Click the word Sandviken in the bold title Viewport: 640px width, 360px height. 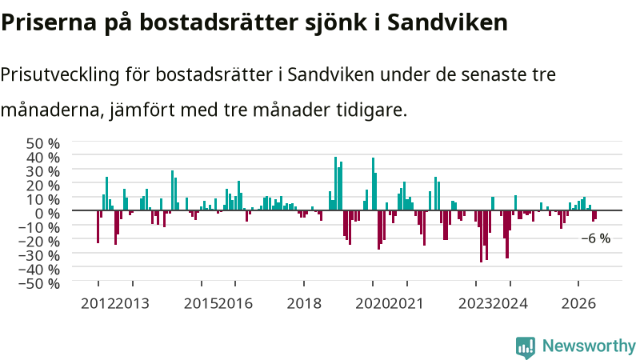pyautogui.click(x=447, y=22)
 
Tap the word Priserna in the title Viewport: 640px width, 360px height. pyautogui.click(x=49, y=22)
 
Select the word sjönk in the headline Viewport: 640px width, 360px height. pyautogui.click(x=336, y=23)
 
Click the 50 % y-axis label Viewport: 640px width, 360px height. pyautogui.click(x=43, y=143)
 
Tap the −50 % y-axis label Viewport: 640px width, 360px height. pyautogui.click(x=39, y=283)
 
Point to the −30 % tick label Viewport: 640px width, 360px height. pyautogui.click(x=39, y=255)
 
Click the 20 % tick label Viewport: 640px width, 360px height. pyautogui.click(x=43, y=186)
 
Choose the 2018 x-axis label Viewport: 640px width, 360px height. pyautogui.click(x=304, y=304)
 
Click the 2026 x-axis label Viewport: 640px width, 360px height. pyautogui.click(x=578, y=304)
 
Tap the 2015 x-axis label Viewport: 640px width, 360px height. pyautogui.click(x=201, y=304)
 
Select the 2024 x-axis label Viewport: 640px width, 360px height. pyautogui.click(x=510, y=304)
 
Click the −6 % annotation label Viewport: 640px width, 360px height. pyautogui.click(x=595, y=238)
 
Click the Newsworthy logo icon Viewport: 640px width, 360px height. pyautogui.click(x=526, y=347)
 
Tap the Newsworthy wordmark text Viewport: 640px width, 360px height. pyautogui.click(x=589, y=346)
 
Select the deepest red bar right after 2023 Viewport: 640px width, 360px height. pyautogui.click(x=482, y=236)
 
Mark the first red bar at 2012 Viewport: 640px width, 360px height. pyautogui.click(x=98, y=227)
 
